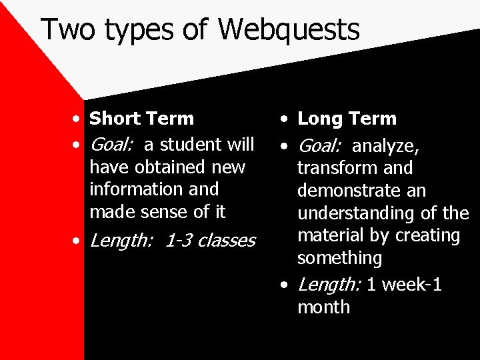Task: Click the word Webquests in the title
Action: [288, 30]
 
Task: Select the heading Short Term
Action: [141, 119]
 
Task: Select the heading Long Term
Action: [347, 119]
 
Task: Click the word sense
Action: [165, 211]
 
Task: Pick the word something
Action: [339, 258]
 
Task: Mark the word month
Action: [323, 307]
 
